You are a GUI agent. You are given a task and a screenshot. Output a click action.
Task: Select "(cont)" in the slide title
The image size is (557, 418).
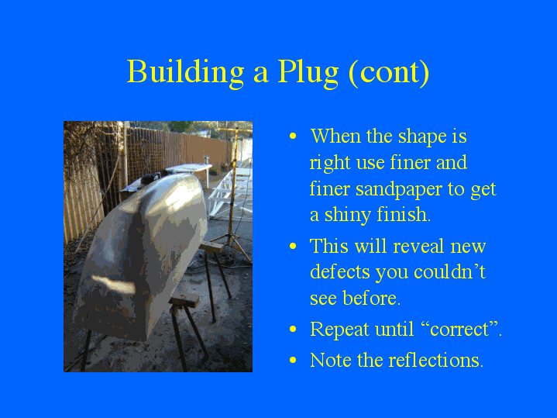pos(389,73)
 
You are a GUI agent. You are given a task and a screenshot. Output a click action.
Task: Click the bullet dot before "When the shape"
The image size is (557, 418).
pos(293,136)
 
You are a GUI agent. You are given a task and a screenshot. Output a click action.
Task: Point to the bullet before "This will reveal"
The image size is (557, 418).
pos(293,247)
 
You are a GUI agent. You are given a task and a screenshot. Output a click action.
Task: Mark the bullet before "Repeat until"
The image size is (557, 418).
pos(293,329)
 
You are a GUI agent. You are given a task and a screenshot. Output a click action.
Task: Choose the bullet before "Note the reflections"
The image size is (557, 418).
pos(293,360)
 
